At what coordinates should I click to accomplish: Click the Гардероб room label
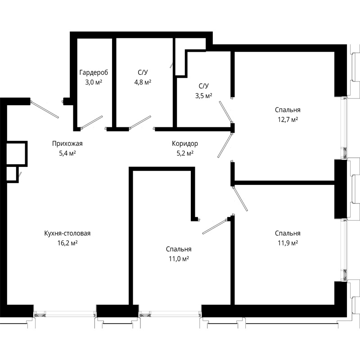94,72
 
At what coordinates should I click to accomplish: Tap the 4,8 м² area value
143,82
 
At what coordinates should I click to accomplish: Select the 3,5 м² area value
204,96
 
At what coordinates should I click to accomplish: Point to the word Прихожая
67,144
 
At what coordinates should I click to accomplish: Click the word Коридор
185,144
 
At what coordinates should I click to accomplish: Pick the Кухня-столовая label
67,234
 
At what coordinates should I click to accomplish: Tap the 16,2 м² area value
67,243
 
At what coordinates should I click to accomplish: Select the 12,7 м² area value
288,120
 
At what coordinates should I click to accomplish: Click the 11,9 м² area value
288,243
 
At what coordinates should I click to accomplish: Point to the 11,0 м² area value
179,259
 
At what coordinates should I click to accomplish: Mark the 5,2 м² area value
185,153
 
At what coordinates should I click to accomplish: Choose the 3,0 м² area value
94,82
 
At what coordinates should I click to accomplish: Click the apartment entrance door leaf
45,109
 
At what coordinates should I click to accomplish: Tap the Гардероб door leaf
92,121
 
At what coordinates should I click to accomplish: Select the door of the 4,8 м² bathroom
140,121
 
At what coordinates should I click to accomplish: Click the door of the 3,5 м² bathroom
225,111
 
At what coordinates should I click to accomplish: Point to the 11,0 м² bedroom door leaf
215,227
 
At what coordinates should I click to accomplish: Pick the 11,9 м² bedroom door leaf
240,199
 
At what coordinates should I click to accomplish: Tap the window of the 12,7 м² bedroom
344,128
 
